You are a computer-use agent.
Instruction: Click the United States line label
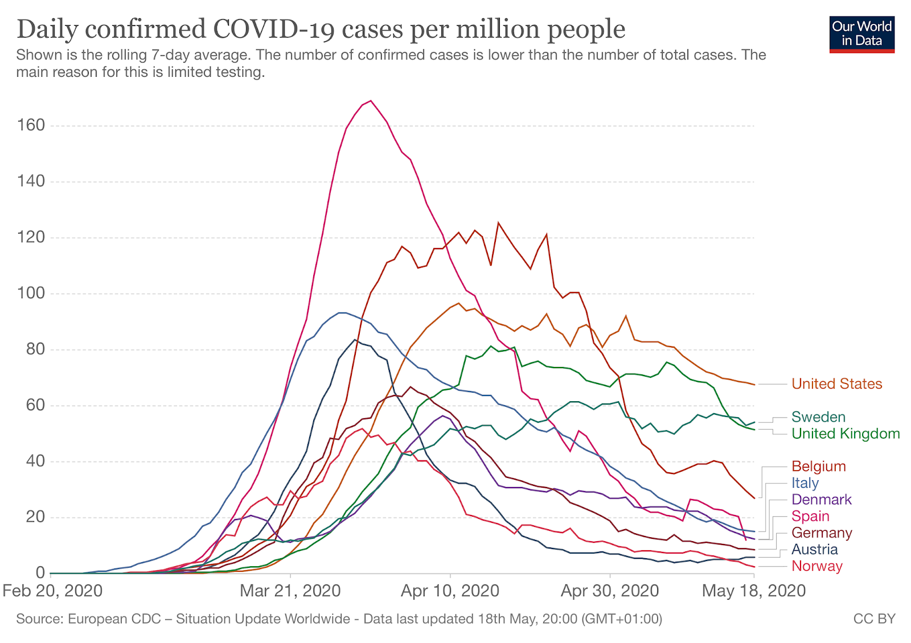click(x=836, y=384)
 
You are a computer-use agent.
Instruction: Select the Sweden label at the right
click(x=818, y=417)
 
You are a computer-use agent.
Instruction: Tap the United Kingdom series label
click(x=846, y=434)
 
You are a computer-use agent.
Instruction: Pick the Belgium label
click(x=818, y=467)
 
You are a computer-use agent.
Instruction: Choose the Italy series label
click(x=805, y=483)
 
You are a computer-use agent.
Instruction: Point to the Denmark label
click(x=821, y=500)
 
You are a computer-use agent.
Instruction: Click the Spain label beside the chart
click(x=810, y=516)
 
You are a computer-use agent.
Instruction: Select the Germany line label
click(x=822, y=533)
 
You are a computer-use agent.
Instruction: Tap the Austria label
click(x=814, y=550)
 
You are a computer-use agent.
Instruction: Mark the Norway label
click(x=816, y=566)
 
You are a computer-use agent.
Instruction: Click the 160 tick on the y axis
click(x=31, y=125)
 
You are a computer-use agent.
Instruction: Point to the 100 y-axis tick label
click(x=31, y=293)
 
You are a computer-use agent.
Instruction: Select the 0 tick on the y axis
click(x=40, y=572)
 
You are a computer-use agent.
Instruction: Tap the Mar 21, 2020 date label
click(x=290, y=591)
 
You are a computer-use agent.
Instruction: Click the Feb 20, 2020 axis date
click(x=52, y=591)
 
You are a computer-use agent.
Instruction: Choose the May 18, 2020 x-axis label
click(x=753, y=591)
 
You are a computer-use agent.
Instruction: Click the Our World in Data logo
click(x=861, y=34)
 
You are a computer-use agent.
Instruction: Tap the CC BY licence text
click(x=874, y=619)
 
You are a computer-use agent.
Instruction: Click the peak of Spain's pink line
click(x=371, y=101)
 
